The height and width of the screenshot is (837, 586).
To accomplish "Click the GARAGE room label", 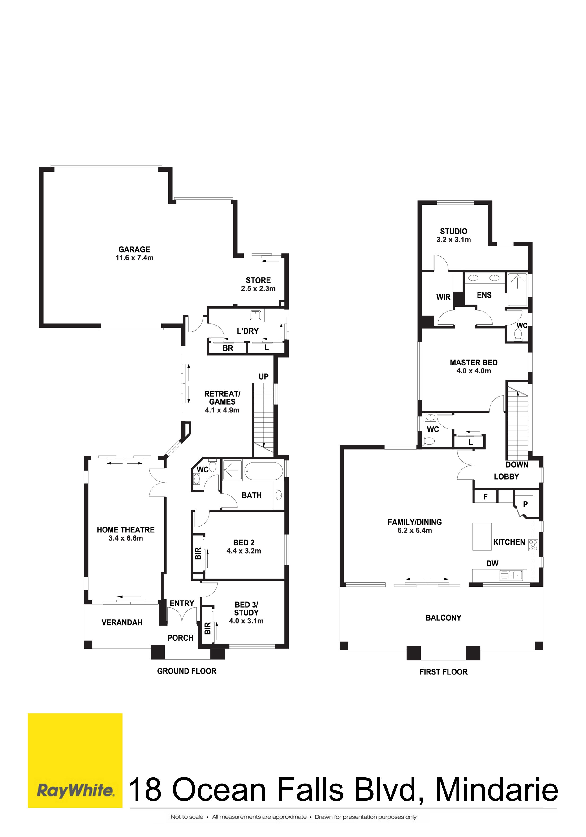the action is coord(134,249).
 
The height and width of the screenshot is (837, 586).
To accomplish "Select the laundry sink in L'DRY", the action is coord(255,315).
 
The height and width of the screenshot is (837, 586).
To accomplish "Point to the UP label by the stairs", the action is coord(264,377).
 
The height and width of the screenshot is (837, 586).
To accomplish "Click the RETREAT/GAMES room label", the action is coord(222,398).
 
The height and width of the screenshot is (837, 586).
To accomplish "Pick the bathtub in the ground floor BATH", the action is coord(263,471).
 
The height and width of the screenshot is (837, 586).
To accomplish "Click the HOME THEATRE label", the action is coord(125,530).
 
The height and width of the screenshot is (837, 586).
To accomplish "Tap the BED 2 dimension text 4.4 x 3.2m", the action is coord(244,551).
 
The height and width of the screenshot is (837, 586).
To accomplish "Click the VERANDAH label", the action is coord(122,622).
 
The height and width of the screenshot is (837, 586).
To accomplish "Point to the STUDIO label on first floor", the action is coord(454,231).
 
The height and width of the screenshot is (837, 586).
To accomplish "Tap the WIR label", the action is coord(444,297).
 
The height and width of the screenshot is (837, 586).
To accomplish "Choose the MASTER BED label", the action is coord(474,362).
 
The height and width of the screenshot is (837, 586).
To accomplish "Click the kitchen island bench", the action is coord(482,536).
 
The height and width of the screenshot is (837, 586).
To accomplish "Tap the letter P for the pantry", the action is coord(526,504).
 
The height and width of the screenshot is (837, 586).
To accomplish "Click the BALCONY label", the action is coord(444,618).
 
